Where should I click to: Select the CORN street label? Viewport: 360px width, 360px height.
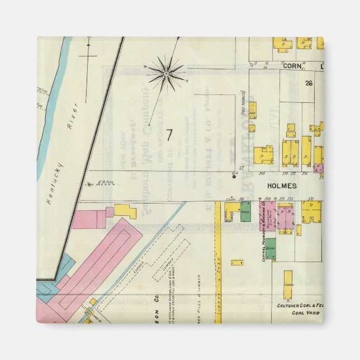click(x=291, y=65)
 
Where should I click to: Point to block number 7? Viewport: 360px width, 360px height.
click(x=168, y=135)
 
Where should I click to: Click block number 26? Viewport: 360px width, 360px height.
click(x=308, y=83)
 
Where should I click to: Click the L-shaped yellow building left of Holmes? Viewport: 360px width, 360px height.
click(x=125, y=211)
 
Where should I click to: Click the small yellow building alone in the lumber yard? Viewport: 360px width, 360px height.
click(x=237, y=262)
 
